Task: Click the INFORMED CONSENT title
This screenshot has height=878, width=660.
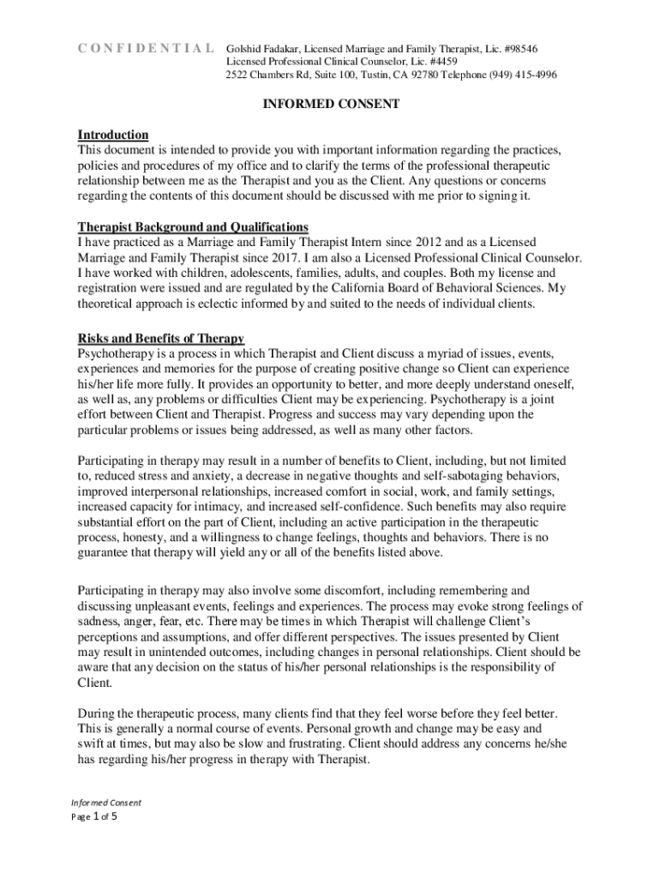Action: pos(330,105)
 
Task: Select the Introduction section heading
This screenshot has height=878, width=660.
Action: pos(113,135)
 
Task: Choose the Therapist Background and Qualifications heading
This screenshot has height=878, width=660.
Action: pos(193,226)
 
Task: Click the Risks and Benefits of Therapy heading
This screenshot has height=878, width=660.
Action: pos(161,337)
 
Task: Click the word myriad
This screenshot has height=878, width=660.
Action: pos(444,352)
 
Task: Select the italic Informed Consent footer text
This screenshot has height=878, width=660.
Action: pos(105,803)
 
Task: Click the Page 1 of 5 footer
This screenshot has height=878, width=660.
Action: pos(93,816)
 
